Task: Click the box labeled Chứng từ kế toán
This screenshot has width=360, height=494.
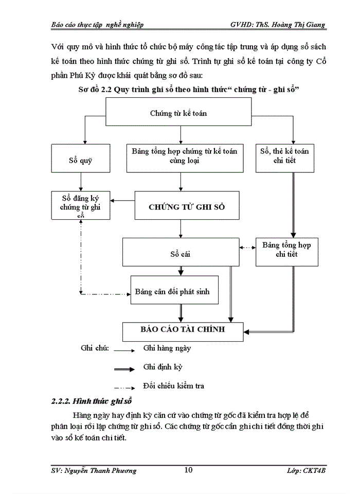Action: click(x=178, y=113)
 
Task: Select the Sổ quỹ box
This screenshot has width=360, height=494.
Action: click(x=80, y=160)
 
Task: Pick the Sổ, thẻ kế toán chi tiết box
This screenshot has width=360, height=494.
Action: click(x=284, y=156)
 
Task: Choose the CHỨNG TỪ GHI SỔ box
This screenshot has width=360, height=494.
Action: click(x=187, y=207)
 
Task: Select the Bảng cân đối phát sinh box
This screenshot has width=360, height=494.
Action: click(x=172, y=291)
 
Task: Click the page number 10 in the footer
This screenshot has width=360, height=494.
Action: click(x=188, y=470)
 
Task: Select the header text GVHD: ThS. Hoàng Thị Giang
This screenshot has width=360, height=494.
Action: click(x=278, y=25)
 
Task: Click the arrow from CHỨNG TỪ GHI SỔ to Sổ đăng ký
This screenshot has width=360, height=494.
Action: click(x=124, y=201)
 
